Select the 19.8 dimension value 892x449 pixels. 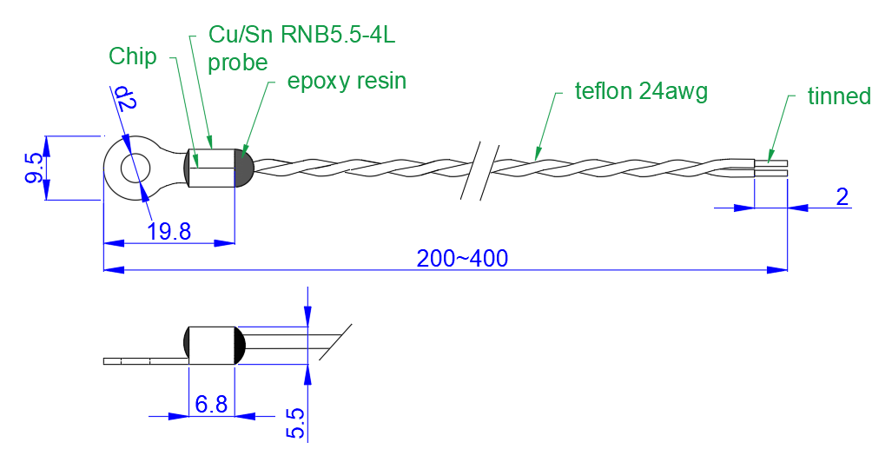(168, 231)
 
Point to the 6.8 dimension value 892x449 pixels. (211, 404)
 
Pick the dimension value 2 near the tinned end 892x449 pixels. (841, 196)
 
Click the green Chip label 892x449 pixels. (133, 56)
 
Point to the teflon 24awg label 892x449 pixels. (641, 91)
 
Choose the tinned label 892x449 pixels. (838, 96)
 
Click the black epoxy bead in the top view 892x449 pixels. (244, 168)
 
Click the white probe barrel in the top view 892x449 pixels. (211, 168)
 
